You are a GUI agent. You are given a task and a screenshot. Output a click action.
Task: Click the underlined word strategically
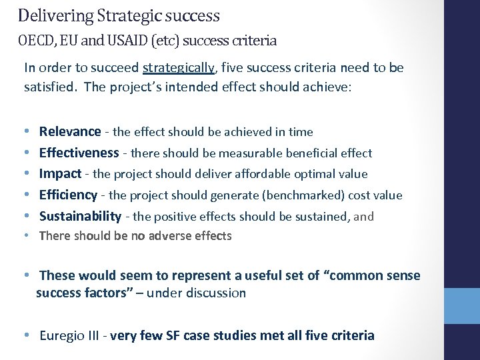coord(178,68)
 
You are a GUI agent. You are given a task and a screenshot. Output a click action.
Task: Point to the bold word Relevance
coord(70,132)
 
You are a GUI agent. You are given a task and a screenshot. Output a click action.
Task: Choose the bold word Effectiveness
coord(79,153)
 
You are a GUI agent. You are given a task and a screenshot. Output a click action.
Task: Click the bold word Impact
coord(60,174)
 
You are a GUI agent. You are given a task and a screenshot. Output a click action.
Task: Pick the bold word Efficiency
coord(68,195)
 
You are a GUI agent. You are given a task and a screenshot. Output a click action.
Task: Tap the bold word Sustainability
coord(80,216)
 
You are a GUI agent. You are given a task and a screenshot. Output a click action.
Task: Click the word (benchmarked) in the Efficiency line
coord(287,195)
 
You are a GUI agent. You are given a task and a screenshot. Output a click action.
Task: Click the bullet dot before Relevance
coord(25,132)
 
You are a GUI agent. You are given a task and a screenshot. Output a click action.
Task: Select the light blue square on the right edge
coord(461,306)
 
